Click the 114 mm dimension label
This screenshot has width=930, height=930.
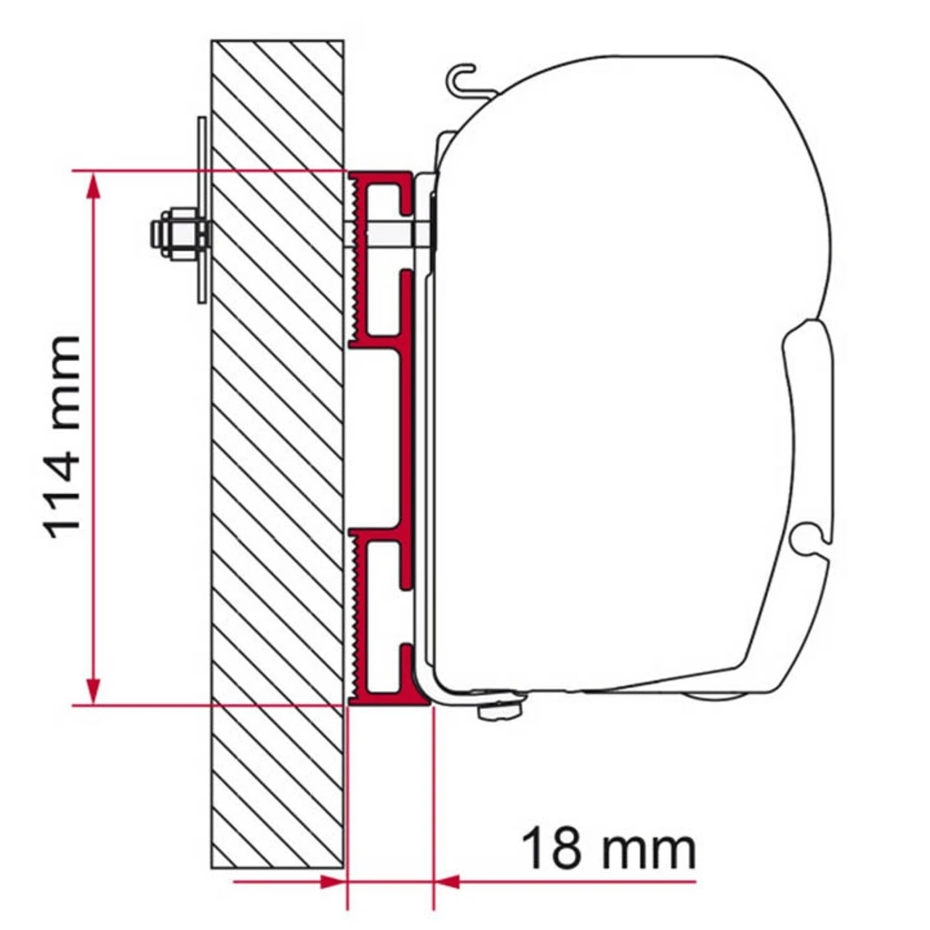pos(62,436)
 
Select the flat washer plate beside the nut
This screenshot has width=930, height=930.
pos(201,211)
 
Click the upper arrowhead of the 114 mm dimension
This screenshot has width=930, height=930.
pos(92,186)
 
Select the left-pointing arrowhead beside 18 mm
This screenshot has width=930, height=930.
pos(448,882)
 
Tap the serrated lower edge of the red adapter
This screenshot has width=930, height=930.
pos(354,618)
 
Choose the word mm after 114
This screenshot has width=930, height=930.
pos(62,378)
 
